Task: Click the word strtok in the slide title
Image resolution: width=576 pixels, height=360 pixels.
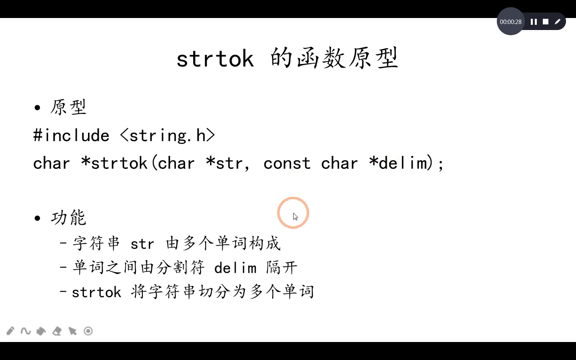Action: click(x=215, y=59)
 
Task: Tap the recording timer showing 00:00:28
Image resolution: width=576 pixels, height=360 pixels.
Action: click(x=510, y=22)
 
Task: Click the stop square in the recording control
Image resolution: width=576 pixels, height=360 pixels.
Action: click(x=545, y=22)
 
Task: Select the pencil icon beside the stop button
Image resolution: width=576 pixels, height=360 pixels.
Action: click(x=558, y=22)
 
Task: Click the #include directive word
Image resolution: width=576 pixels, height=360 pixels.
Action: click(x=71, y=136)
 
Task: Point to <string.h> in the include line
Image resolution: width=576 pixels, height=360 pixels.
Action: click(x=168, y=136)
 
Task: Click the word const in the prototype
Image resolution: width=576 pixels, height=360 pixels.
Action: click(x=287, y=163)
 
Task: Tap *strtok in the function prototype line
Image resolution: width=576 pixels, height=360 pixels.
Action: click(x=114, y=163)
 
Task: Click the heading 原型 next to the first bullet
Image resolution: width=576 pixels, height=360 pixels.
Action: click(x=68, y=107)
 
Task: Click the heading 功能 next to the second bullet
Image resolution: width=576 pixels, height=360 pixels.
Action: click(x=68, y=218)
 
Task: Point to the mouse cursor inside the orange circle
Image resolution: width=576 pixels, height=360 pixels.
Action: click(x=295, y=216)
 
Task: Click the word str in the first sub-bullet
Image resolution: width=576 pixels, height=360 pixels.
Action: click(x=142, y=244)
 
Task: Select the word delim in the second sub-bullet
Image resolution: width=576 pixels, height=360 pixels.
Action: click(x=235, y=268)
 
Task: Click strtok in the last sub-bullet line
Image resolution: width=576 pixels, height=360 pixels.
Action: click(x=96, y=292)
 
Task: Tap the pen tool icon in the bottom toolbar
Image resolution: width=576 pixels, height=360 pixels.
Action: click(x=10, y=331)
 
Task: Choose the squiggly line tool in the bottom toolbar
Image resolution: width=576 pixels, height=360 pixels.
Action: click(x=26, y=331)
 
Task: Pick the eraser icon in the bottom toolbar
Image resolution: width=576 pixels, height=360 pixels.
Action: click(x=57, y=331)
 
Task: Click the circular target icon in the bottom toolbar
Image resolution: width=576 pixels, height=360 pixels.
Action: click(x=88, y=331)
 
